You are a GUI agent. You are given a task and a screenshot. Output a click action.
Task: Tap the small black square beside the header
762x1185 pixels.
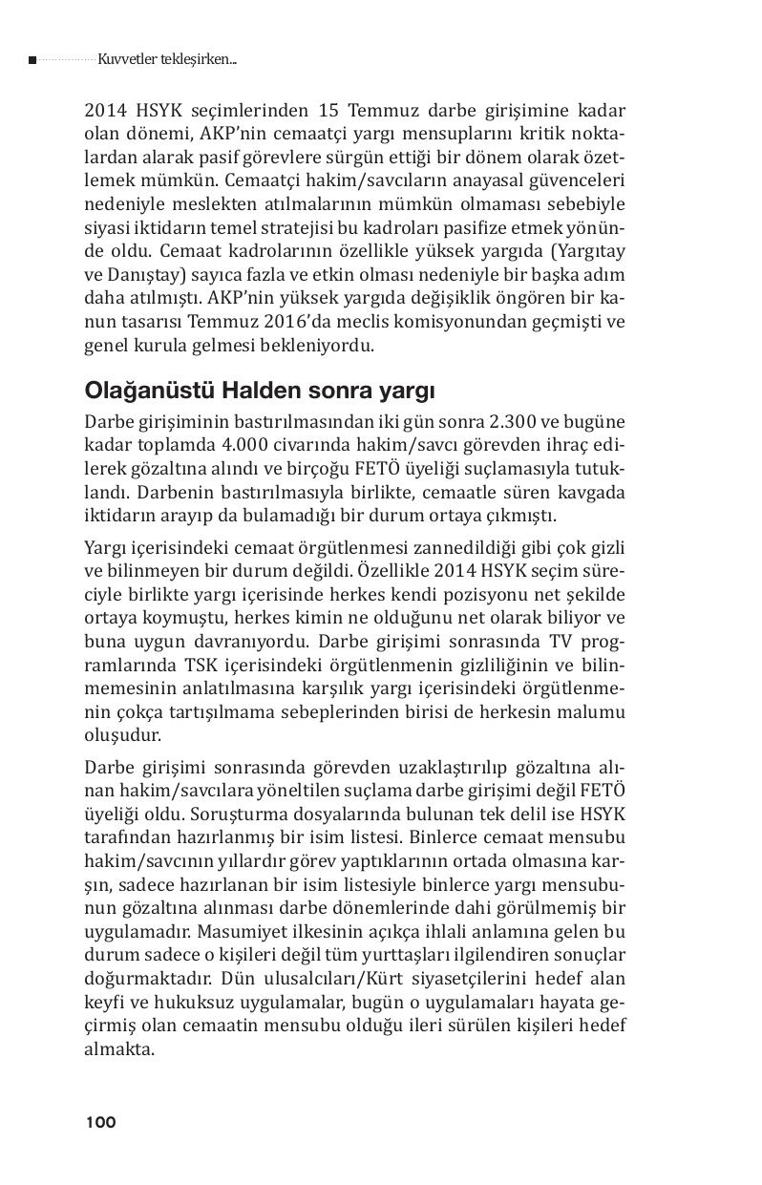coord(32,60)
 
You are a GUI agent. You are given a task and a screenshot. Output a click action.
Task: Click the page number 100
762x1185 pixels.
coord(100,1122)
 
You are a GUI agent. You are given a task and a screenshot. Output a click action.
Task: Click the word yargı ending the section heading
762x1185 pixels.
coord(408,391)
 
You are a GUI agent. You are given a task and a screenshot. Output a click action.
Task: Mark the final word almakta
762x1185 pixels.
coord(119,1048)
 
